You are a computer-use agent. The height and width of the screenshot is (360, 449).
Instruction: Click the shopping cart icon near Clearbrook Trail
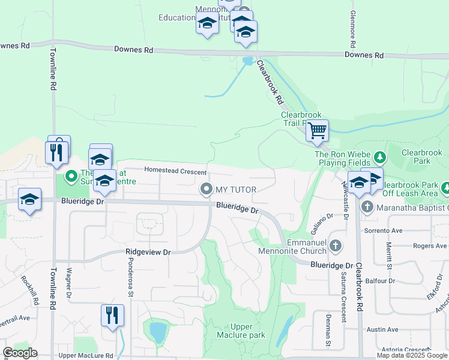(x=317, y=130)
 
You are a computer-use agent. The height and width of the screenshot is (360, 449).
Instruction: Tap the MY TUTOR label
(x=236, y=190)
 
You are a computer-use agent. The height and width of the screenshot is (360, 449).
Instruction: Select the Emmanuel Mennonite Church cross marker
(x=336, y=245)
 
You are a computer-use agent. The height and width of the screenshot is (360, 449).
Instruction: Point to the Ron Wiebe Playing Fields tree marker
(x=379, y=158)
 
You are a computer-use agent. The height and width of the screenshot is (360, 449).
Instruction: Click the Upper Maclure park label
(x=248, y=331)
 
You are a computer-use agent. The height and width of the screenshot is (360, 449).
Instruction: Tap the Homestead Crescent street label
(x=171, y=171)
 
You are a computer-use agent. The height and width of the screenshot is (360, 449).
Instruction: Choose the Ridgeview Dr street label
(x=148, y=252)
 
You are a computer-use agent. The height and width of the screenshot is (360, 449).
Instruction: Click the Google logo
(x=20, y=353)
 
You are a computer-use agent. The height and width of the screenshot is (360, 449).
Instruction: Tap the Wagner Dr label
(x=70, y=283)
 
